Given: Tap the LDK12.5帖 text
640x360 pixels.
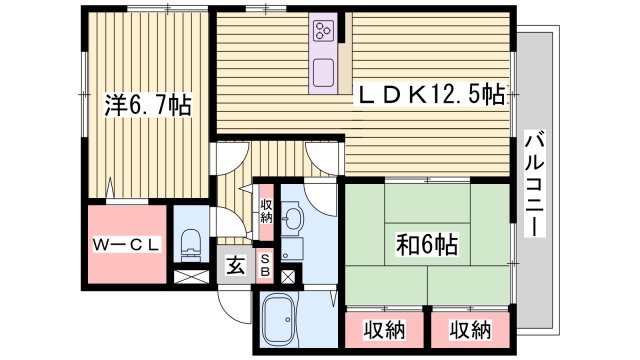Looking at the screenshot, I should pyautogui.click(x=432, y=95).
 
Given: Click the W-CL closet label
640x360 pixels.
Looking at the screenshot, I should pyautogui.click(x=128, y=244).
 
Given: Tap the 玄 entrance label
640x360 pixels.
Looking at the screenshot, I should pyautogui.click(x=234, y=266).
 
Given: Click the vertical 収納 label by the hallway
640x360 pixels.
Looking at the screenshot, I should pyautogui.click(x=266, y=212).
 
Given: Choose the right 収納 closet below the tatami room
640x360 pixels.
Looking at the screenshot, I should pyautogui.click(x=468, y=329).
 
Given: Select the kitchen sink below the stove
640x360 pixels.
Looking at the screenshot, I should pyautogui.click(x=325, y=72).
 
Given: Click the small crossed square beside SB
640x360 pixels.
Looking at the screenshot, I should pyautogui.click(x=288, y=276).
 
